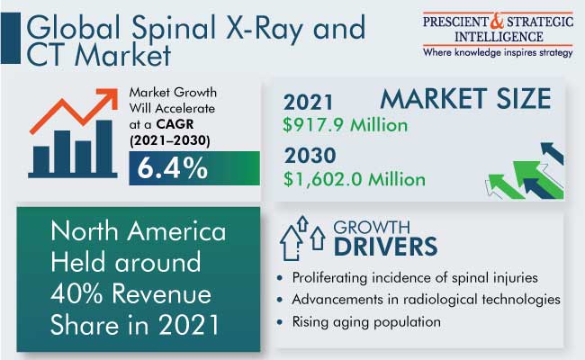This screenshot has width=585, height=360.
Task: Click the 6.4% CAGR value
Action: coord(173,168)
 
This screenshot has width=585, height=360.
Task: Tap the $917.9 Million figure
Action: coord(345,124)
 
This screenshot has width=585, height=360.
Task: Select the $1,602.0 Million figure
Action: coord(354,179)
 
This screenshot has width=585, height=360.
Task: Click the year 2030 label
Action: coord(310,155)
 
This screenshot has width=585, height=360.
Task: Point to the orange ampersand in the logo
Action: coord(497,21)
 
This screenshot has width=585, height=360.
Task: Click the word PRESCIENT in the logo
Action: coord(455,22)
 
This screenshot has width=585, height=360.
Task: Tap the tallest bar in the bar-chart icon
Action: coord(104,147)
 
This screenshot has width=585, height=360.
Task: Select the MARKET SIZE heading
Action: coord(465,98)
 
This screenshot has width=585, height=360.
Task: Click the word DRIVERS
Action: coord(385,247)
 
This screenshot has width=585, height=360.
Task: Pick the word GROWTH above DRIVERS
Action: coord(372,227)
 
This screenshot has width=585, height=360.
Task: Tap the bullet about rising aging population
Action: coord(366,321)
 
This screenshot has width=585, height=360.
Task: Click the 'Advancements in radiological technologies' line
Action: coord(426,299)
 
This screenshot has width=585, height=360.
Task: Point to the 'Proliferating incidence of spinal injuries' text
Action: coord(415,277)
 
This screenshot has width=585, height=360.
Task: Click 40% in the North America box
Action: coord(76,293)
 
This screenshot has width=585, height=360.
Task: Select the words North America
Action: coord(139,231)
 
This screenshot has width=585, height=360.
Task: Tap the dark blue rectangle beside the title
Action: coord(11,38)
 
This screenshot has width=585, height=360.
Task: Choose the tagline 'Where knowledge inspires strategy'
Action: coord(498,52)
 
